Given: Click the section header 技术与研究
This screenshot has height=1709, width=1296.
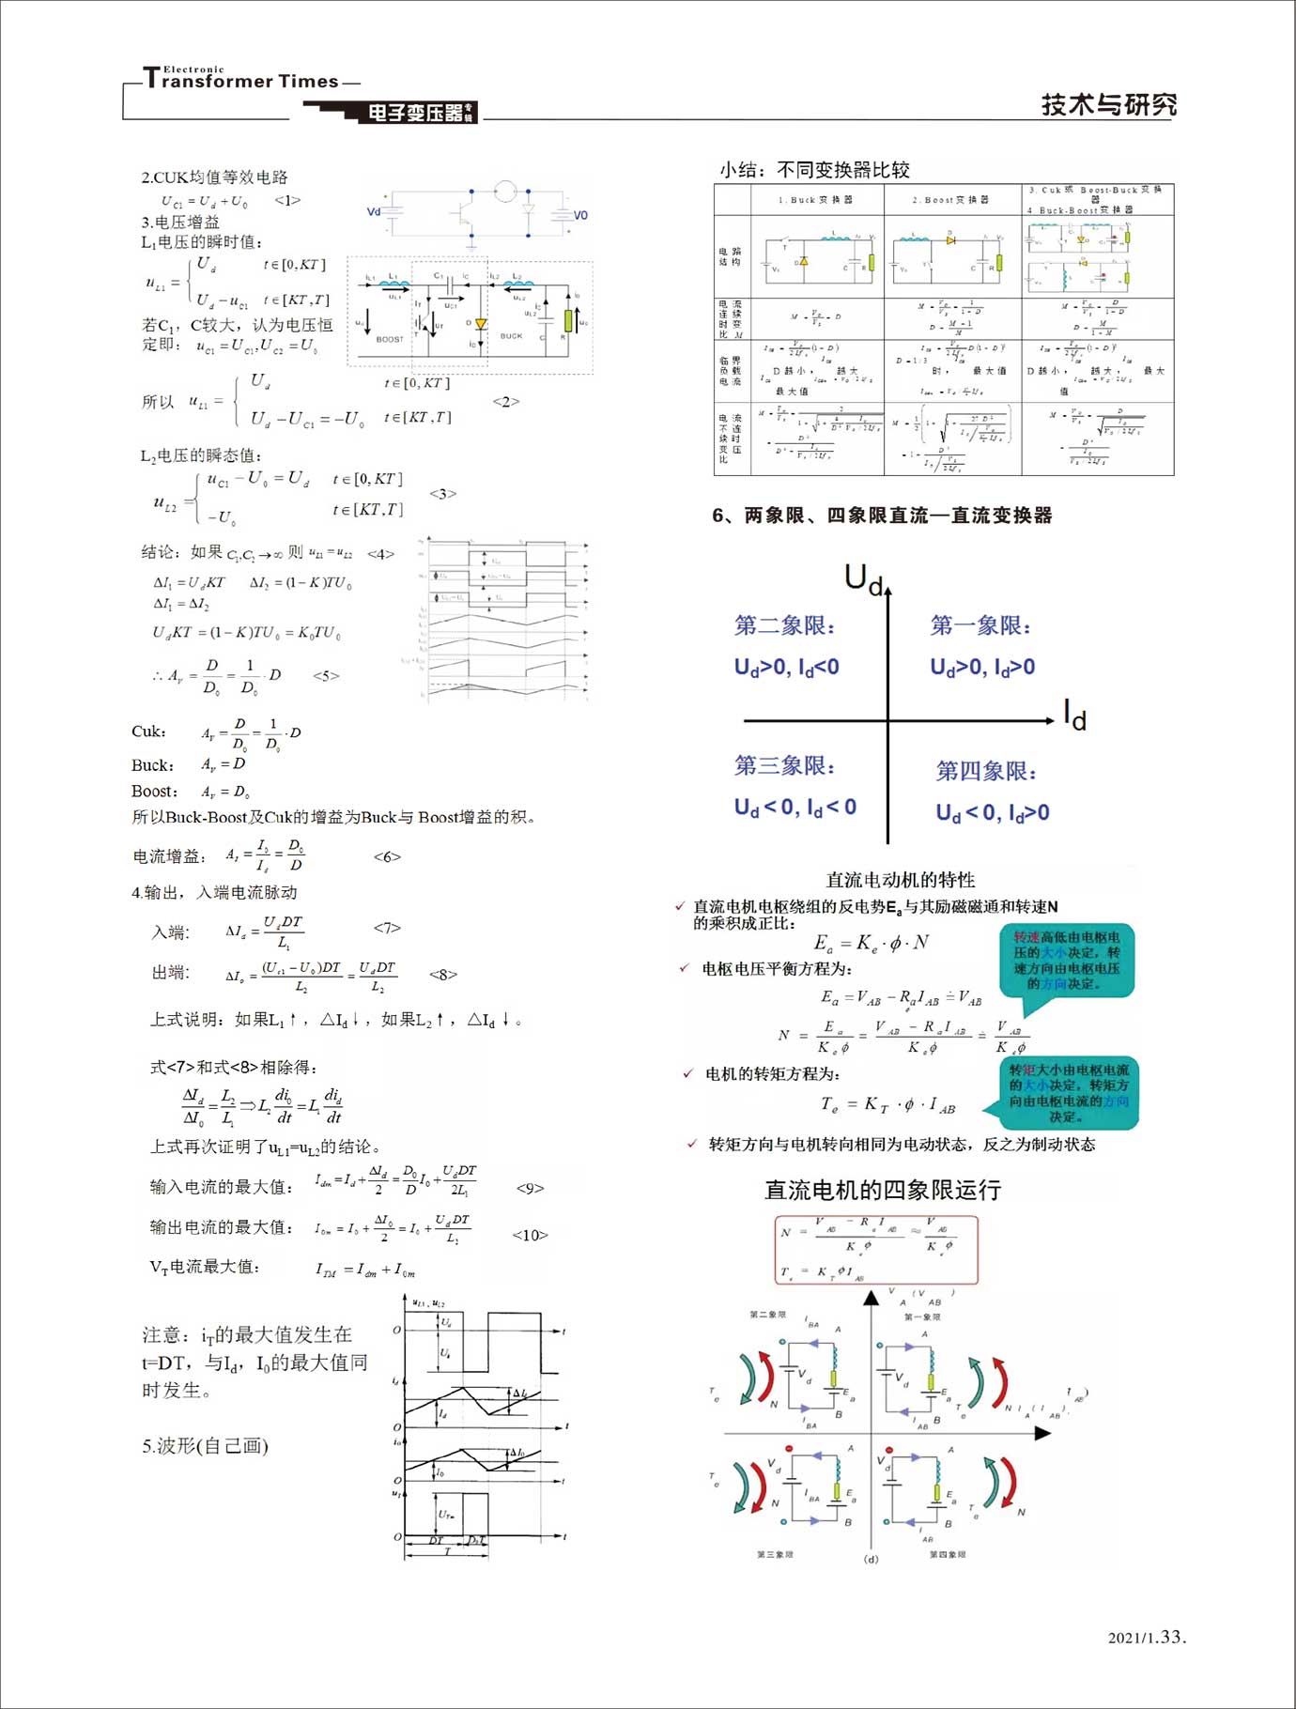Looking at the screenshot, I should point(1108,104).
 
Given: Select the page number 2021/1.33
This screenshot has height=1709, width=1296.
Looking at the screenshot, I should point(1147,1637).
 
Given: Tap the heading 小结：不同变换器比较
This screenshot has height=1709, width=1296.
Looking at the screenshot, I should point(814,170).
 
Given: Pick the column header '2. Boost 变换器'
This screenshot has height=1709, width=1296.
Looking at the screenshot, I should point(950,200).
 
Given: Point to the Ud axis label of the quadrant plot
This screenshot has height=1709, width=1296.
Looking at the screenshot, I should point(863,577).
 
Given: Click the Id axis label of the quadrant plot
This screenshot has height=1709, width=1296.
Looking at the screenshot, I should point(1074,716).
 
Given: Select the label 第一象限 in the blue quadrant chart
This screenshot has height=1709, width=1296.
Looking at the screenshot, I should point(980,625).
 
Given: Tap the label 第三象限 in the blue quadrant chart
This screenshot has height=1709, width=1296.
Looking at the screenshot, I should point(784,765).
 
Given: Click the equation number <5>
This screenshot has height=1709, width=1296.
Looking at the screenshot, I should point(326,675).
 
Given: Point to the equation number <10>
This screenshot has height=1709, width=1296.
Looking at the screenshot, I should point(530,1235).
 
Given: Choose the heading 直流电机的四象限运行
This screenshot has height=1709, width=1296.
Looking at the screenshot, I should point(882,1191).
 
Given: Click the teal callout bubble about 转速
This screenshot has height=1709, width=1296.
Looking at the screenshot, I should point(1067,961).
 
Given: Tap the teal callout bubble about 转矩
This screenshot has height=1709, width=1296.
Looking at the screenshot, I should point(1069,1093).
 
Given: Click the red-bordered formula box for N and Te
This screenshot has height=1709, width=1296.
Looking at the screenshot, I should point(876,1250).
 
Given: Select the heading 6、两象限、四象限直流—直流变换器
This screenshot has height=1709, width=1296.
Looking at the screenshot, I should point(882,515).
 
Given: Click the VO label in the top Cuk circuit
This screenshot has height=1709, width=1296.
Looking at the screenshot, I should point(580,215).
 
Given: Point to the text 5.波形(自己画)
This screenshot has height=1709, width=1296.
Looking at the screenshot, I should point(205,1446).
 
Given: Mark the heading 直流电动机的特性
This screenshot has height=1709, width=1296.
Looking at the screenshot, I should point(900,880).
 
